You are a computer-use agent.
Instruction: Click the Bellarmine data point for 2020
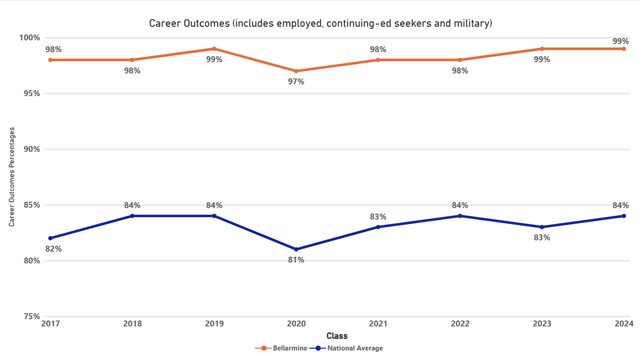pyautogui.click(x=296, y=71)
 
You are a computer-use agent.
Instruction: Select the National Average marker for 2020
pyautogui.click(x=296, y=249)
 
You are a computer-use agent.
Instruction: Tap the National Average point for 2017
pyautogui.click(x=50, y=238)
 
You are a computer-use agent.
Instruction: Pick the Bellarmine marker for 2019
pyautogui.click(x=214, y=49)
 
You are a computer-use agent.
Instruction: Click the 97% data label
pyautogui.click(x=296, y=82)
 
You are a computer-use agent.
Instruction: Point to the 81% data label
pyautogui.click(x=296, y=260)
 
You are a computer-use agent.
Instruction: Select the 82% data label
pyautogui.click(x=53, y=249)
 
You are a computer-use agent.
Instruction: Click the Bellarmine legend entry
pyautogui.click(x=282, y=348)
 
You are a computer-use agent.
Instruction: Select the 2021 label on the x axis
pyautogui.click(x=378, y=324)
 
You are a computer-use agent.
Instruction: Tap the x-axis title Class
pyautogui.click(x=337, y=336)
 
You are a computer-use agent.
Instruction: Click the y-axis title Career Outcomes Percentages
pyautogui.click(x=12, y=177)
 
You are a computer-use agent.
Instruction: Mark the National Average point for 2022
pyautogui.click(x=460, y=216)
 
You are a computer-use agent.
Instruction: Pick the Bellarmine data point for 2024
pyautogui.click(x=624, y=49)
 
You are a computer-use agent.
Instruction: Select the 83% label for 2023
pyautogui.click(x=542, y=238)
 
